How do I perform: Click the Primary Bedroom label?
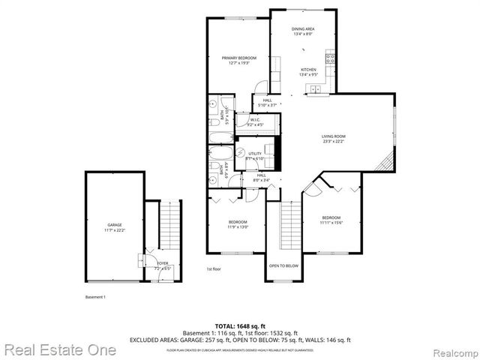pos(238,60)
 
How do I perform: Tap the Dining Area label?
pos(303,31)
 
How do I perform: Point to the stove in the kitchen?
pos(329,58)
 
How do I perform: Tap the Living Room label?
pos(333,138)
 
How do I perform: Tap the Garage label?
pos(115,227)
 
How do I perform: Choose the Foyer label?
pos(163,265)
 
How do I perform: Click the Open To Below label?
pos(283,265)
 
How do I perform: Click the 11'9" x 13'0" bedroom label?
pos(238,224)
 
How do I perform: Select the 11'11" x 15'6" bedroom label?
pos(331,219)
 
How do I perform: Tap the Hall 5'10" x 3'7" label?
pos(267,102)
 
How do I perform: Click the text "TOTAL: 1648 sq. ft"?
pos(240,326)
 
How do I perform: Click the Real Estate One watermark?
pos(59,349)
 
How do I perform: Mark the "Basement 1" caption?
pos(95,297)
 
